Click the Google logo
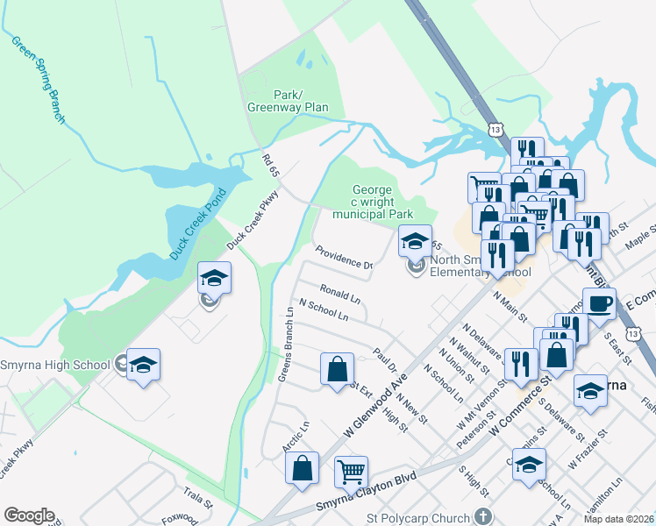(x=29, y=515)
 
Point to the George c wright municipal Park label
(x=382, y=201)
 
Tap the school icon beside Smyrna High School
(x=144, y=366)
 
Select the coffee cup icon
(x=599, y=304)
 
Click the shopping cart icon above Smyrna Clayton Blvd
(x=351, y=472)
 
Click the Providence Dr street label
(x=344, y=259)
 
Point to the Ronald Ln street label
(x=339, y=292)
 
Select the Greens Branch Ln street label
(x=285, y=345)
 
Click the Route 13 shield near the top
(x=496, y=129)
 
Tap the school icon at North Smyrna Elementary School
(x=416, y=240)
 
